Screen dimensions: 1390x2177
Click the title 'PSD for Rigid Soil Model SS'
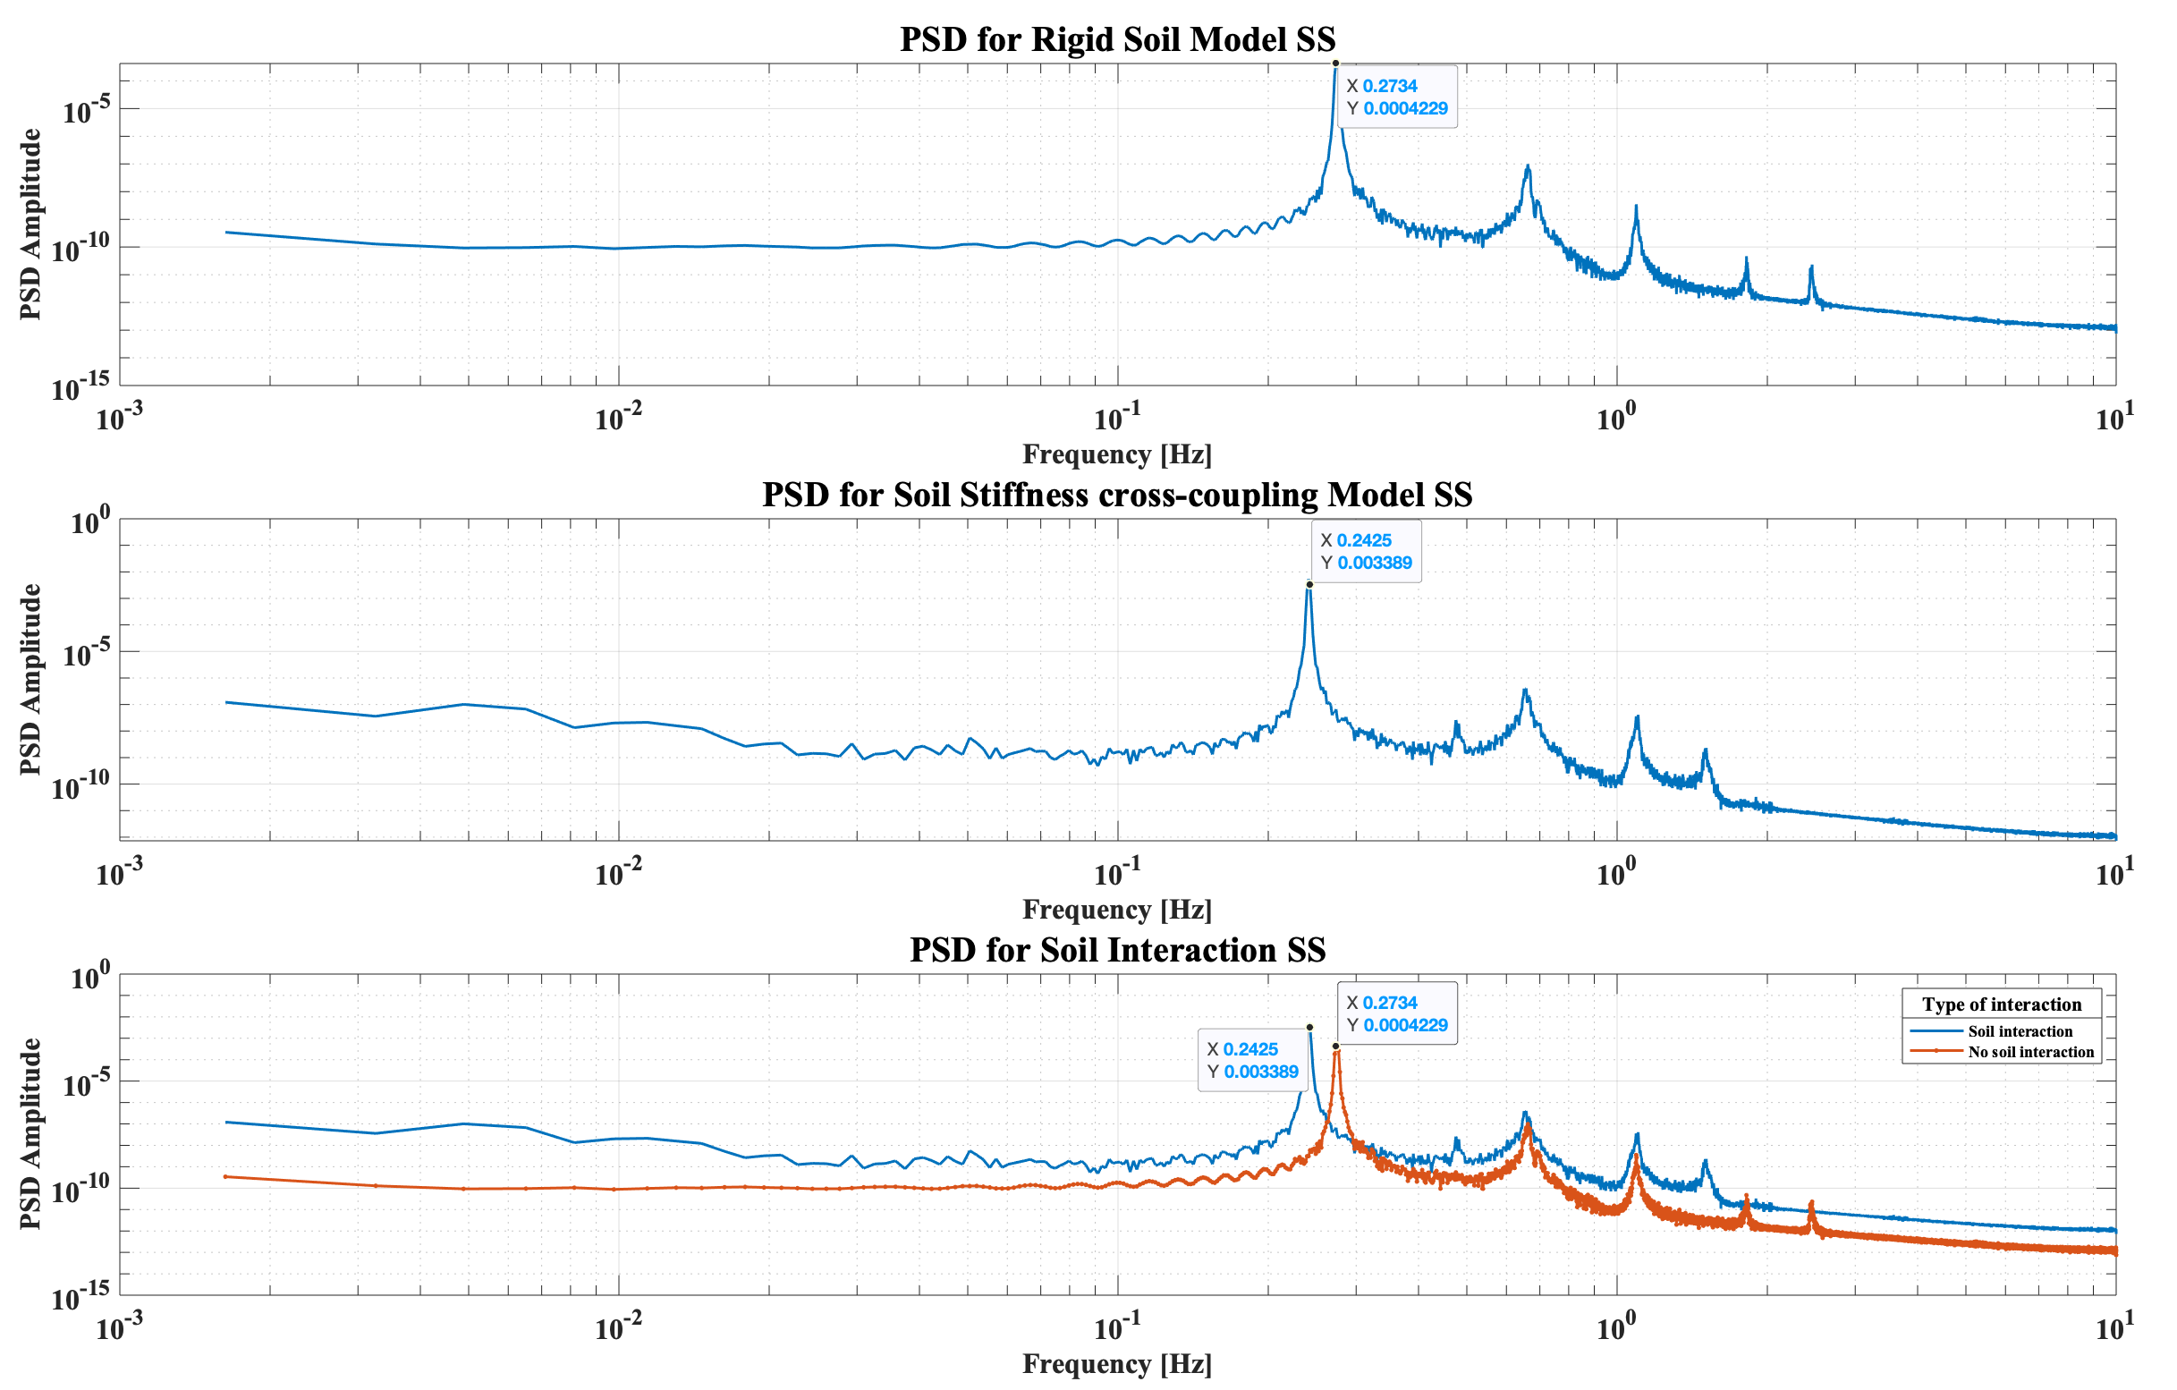[1117, 39]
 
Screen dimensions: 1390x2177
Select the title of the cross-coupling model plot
[1117, 495]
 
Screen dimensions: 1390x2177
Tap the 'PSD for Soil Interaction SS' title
[1117, 950]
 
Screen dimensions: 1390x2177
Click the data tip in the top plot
[1397, 97]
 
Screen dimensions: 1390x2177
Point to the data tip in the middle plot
[1366, 551]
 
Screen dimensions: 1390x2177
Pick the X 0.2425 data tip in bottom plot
[1252, 1060]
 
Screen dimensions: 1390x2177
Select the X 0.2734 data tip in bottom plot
[1397, 1013]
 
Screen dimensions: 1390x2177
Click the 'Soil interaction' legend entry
[2020, 1031]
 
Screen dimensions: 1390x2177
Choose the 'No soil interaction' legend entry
[2030, 1052]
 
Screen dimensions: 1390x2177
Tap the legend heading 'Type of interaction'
[2002, 1004]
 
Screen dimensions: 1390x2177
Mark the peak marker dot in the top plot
[1335, 64]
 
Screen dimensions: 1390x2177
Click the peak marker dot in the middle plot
[1309, 584]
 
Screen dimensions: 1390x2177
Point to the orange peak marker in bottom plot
[1335, 1047]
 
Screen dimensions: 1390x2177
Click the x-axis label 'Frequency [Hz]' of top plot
[1117, 453]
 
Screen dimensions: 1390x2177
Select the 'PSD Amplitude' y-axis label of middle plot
[30, 679]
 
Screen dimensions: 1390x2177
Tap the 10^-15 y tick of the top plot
[81, 387]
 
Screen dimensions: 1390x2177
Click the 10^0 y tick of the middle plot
[90, 521]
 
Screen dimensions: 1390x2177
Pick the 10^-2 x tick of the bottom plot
[618, 1327]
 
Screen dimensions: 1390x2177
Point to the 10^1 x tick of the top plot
[2114, 418]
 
